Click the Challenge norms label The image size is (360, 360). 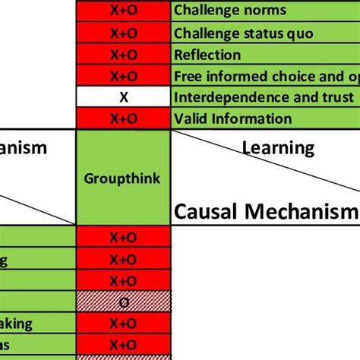230,11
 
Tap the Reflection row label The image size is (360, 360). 207,55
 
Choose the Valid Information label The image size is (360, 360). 232,118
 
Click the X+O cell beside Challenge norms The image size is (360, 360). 123,11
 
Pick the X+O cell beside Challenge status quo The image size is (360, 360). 123,33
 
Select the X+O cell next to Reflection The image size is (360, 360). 123,55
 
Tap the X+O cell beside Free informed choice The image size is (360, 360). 123,76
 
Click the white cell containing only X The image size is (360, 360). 123,97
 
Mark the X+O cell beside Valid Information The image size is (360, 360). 123,118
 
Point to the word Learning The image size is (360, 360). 278,147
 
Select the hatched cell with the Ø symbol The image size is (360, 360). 123,302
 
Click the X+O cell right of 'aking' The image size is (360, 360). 123,324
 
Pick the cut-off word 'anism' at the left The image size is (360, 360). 24,147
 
